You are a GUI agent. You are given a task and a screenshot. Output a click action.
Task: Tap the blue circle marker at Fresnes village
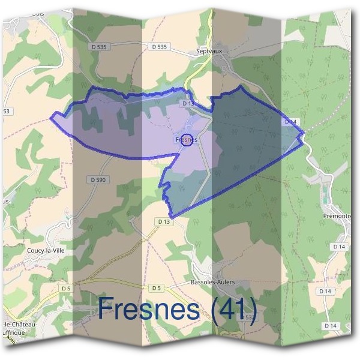pos(187,140)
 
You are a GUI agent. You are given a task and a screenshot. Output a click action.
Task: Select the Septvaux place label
pos(209,52)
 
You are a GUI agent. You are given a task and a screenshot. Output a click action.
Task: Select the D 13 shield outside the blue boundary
pos(164,222)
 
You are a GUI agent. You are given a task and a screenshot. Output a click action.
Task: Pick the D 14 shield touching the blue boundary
pos(290,122)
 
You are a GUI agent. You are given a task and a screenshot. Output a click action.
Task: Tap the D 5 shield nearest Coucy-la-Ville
pos(65,288)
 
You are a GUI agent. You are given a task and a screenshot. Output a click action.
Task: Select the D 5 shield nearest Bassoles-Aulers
pos(156,288)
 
